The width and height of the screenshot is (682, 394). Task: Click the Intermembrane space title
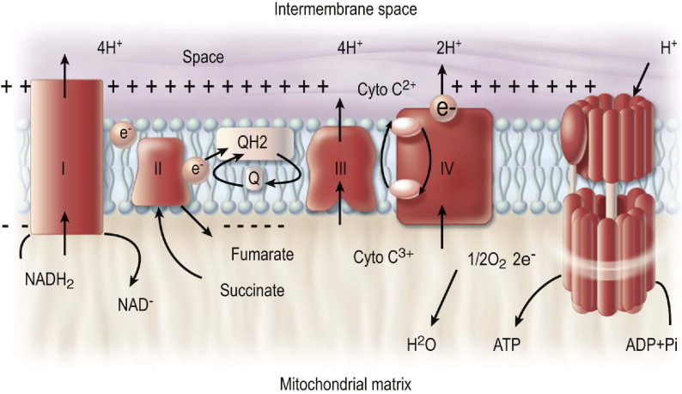coord(341,11)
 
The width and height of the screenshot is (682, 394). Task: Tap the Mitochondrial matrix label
coord(340,381)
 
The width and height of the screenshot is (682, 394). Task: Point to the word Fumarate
coord(263,255)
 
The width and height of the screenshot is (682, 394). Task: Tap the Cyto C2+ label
coord(384,89)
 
